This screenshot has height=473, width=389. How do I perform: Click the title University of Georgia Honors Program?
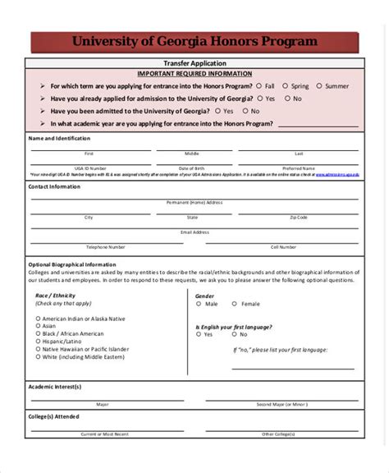194,41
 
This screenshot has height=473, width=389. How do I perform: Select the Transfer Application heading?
194,63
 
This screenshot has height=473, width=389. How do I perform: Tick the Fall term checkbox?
259,85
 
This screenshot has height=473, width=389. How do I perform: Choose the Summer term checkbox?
320,85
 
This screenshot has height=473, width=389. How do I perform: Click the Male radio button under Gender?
199,304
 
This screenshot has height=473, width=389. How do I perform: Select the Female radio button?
234,304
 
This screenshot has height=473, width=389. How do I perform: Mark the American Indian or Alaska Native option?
38,319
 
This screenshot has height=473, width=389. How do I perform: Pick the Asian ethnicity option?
38,326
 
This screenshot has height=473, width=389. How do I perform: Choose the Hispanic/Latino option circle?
38,342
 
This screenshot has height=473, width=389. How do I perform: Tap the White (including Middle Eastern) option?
38,357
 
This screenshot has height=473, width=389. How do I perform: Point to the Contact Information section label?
54,186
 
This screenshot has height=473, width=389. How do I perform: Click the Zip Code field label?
298,218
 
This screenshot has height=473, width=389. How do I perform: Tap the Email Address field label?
194,232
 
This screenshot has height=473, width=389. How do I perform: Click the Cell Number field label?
283,246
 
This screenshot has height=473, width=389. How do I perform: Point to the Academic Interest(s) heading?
55,386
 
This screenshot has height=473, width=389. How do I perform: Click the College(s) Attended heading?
54,416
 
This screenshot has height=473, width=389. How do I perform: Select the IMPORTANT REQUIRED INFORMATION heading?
194,73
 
